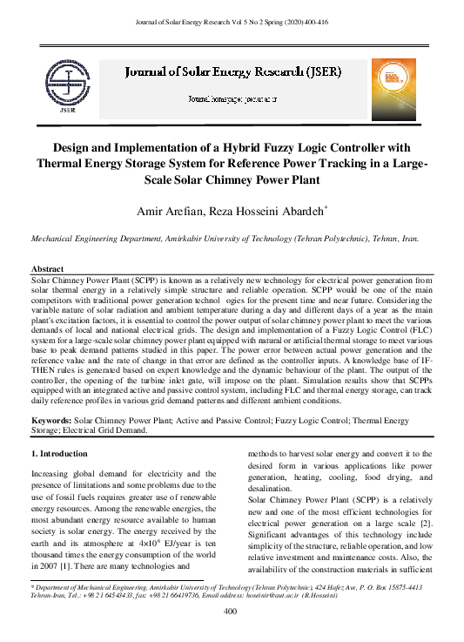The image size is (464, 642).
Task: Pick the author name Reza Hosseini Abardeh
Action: click(x=267, y=211)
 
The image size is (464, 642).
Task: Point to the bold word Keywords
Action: click(x=50, y=420)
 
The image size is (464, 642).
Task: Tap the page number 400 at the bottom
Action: click(x=231, y=612)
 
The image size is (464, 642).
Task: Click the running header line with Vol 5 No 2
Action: click(x=232, y=21)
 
